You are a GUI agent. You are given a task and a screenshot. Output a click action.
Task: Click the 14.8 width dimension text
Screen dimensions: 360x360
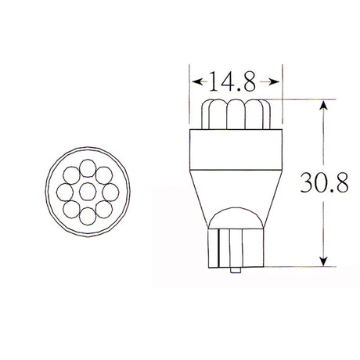coord(232,81)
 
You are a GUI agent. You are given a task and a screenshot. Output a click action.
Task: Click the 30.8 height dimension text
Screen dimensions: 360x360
coord(324,182)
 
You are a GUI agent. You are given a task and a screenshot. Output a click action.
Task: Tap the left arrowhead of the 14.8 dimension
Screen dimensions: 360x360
coord(197,81)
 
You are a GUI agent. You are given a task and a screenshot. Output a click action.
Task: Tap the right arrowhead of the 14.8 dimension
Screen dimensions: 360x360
coord(274,82)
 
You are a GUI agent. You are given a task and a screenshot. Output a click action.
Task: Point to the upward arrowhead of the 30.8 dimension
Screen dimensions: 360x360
coord(323,106)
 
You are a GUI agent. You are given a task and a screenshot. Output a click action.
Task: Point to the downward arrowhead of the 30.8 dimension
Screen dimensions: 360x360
coord(323,261)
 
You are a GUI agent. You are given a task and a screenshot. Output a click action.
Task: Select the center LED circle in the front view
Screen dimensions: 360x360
coord(88,192)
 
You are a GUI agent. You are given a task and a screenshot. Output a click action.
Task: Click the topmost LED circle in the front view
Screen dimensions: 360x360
coord(88,168)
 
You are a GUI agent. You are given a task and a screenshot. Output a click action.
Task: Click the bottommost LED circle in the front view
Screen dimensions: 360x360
coord(88,216)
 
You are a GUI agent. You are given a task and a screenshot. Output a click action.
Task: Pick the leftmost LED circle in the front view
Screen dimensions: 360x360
coord(65,193)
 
